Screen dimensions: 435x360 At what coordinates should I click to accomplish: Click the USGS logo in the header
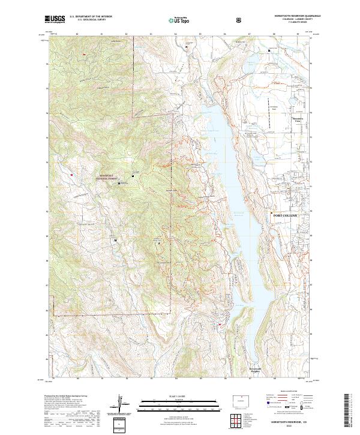55,19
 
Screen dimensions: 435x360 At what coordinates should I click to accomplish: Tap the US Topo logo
179,19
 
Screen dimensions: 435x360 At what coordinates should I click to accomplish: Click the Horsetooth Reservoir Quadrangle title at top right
293,15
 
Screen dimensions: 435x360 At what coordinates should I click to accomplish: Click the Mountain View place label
296,119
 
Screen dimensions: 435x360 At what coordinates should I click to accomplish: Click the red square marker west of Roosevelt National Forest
71,175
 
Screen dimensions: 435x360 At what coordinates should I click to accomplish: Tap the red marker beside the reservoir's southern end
220,325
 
